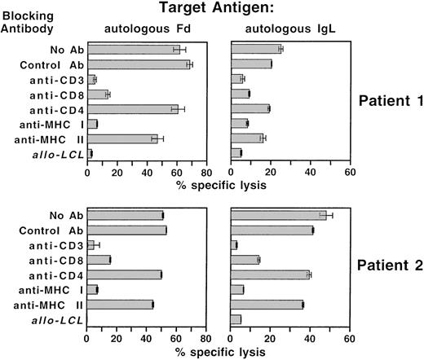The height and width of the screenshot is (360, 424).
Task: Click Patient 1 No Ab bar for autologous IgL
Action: (255, 49)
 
